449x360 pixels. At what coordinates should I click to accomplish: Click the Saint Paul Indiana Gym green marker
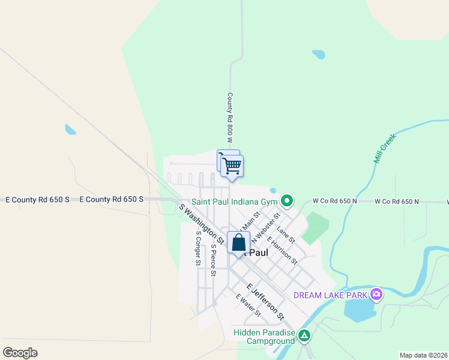pos(288,201)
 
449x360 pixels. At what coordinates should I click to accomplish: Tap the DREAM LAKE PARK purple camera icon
pos(376,294)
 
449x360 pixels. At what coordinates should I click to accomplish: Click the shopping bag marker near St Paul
pos(238,243)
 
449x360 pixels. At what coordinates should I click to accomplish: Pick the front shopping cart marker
pos(232,165)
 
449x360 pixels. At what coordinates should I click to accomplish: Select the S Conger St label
pos(197,248)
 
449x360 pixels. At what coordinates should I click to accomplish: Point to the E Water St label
pos(249,305)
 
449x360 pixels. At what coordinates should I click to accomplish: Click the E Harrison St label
pos(282,250)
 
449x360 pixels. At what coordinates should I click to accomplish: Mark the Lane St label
pos(285,234)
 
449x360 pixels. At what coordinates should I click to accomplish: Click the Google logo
pos(20,353)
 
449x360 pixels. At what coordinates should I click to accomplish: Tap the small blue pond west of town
pos(70,129)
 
